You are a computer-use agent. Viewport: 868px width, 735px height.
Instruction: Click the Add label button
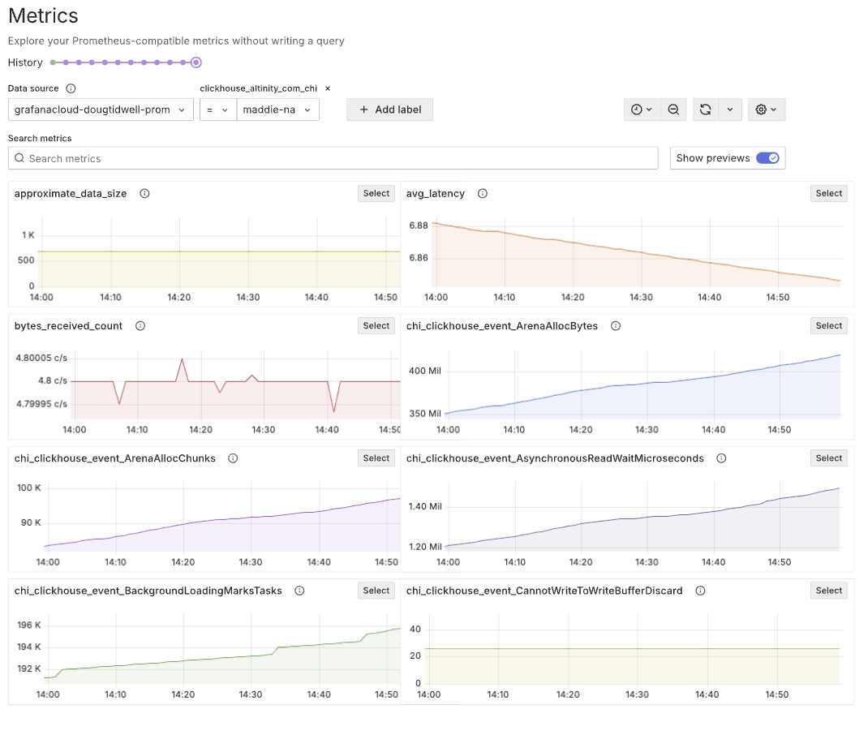click(x=389, y=110)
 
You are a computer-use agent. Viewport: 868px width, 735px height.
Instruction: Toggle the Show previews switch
click(x=767, y=158)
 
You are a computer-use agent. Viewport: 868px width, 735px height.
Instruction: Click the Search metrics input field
click(x=333, y=158)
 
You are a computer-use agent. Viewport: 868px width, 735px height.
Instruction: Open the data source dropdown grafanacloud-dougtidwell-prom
click(x=101, y=110)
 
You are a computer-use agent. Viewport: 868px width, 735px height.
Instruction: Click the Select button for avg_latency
click(x=828, y=193)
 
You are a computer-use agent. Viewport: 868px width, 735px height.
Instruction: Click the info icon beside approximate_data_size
click(x=144, y=194)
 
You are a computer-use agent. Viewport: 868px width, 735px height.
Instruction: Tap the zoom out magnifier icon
click(x=673, y=110)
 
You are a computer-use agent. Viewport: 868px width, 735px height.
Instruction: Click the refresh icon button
click(x=705, y=110)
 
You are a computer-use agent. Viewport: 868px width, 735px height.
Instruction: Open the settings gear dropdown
click(x=766, y=110)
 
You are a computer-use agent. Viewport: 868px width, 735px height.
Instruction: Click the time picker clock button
click(x=642, y=110)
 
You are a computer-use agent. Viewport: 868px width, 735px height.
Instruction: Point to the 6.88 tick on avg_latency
click(x=419, y=226)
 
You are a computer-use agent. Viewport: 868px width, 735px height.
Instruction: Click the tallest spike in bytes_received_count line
click(x=182, y=359)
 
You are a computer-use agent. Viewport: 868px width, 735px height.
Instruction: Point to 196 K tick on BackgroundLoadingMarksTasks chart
click(x=28, y=625)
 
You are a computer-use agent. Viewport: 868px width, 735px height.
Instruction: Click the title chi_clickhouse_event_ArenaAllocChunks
click(x=115, y=458)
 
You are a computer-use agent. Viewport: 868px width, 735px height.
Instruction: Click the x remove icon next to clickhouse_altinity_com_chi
click(x=328, y=88)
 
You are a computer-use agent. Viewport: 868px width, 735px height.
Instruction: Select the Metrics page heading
click(x=43, y=15)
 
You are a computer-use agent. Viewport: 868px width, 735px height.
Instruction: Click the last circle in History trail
click(x=196, y=62)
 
